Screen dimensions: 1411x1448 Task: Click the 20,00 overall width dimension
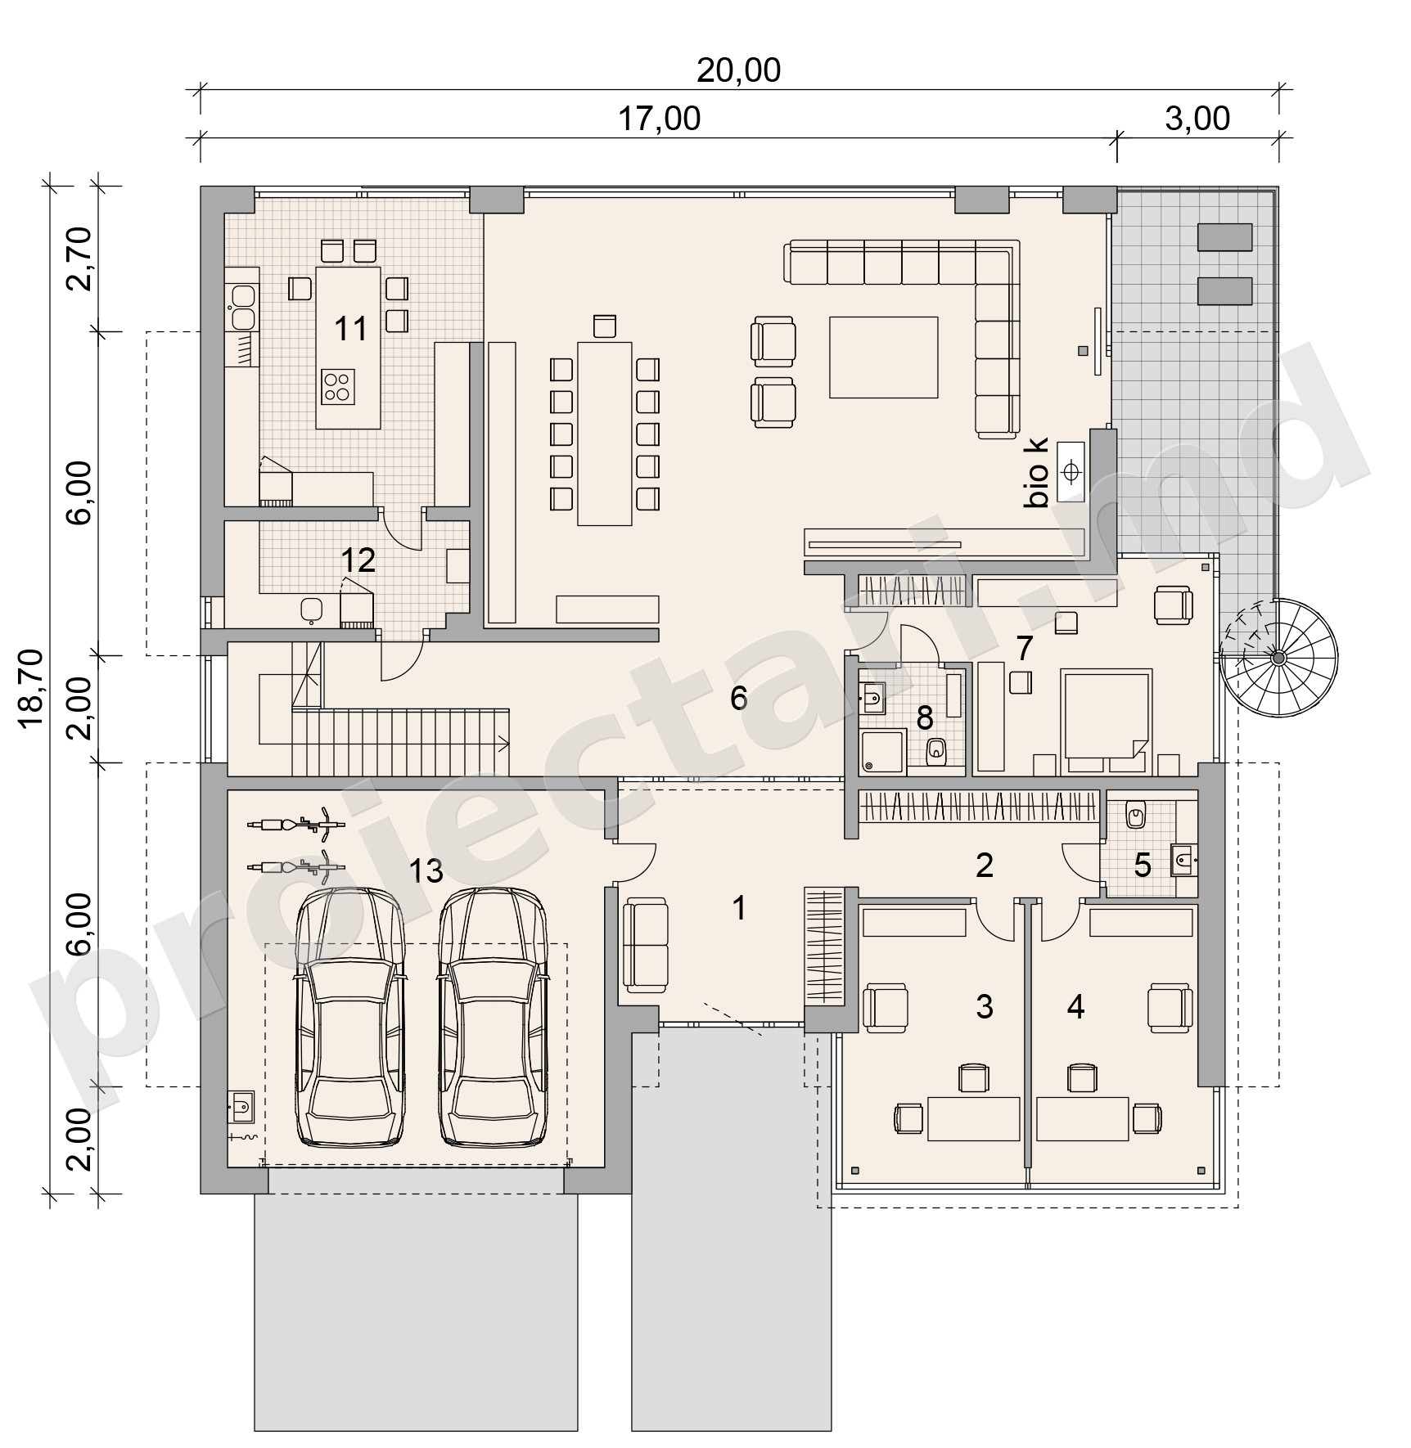tap(738, 70)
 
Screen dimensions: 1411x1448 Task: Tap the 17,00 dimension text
tap(659, 119)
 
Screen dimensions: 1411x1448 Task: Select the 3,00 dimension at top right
tap(1197, 119)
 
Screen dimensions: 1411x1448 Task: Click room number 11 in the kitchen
tap(351, 329)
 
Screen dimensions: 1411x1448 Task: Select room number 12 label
tap(358, 560)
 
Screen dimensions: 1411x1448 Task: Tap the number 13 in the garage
tap(426, 871)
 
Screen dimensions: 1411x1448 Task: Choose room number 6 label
tap(738, 698)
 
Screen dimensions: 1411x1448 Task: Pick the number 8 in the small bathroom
tap(924, 718)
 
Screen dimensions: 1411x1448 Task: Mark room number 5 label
tap(1143, 865)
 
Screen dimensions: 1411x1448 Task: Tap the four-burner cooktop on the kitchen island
tap(338, 385)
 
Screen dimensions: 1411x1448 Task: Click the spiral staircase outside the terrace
tap(1278, 658)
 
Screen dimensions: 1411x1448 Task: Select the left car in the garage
tap(349, 1018)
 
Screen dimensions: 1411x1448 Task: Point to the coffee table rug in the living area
tap(883, 358)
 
